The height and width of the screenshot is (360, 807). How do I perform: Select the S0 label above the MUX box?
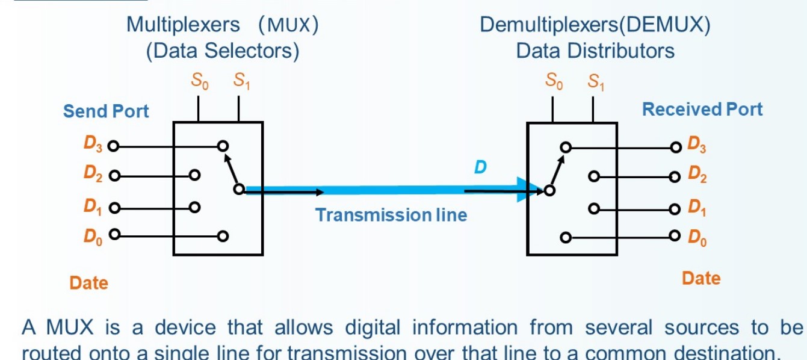[x=200, y=81]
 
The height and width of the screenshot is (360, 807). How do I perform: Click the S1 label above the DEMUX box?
[x=596, y=81]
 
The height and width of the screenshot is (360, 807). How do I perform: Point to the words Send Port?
[x=106, y=111]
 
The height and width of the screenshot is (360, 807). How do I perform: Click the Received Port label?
[x=702, y=110]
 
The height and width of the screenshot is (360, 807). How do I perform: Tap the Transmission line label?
[x=391, y=215]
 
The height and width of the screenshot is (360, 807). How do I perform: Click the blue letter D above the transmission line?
[x=480, y=167]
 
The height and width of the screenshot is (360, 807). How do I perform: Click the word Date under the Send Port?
[x=88, y=282]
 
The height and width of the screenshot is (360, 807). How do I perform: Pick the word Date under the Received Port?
[x=701, y=278]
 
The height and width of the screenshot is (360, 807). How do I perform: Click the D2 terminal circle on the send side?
[x=112, y=176]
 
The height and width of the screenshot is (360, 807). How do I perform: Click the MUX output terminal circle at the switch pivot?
[x=239, y=190]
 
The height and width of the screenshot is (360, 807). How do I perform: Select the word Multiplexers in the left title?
[x=183, y=25]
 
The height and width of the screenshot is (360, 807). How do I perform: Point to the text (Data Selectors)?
[x=223, y=51]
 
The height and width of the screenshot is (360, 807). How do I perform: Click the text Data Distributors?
[x=595, y=51]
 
